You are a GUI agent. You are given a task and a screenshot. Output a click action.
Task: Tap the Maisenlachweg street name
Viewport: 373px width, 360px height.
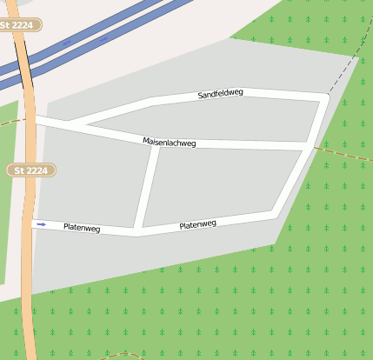[170, 142]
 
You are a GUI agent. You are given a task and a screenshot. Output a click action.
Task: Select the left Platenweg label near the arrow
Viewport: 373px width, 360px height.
[82, 228]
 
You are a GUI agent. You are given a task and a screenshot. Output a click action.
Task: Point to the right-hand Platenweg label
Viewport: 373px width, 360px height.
[197, 224]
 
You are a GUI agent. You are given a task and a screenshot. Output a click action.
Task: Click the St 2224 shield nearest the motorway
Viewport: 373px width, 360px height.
[17, 26]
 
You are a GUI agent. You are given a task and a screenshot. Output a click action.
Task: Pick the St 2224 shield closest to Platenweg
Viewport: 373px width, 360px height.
[31, 170]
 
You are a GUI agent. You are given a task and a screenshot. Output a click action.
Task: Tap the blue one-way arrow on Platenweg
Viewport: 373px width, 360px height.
[41, 223]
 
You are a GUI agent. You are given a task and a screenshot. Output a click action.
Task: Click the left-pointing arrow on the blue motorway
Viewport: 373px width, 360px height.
[67, 42]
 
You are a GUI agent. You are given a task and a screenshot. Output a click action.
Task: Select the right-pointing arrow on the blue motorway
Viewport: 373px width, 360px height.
[104, 39]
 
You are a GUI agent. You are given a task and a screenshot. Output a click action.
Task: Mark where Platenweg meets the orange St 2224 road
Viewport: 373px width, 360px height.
[33, 223]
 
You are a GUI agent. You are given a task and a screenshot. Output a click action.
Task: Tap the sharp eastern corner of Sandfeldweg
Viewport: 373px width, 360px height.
[326, 96]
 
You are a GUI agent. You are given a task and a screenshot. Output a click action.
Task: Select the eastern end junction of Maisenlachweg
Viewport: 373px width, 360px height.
[310, 145]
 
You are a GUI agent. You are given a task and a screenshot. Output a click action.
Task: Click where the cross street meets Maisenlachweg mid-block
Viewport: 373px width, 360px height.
[154, 145]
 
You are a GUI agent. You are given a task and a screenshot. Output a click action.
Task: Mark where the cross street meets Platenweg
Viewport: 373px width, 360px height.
[137, 232]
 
